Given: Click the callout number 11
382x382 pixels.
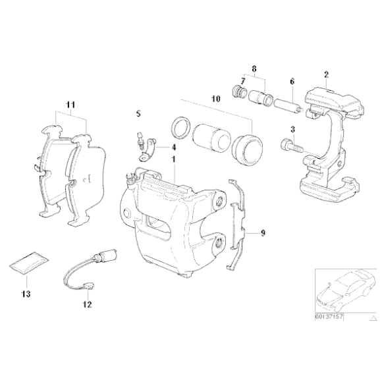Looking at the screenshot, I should pyautogui.click(x=71, y=104).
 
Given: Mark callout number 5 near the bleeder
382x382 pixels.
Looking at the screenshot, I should pyautogui.click(x=138, y=114).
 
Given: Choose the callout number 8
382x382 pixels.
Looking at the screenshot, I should pyautogui.click(x=254, y=67).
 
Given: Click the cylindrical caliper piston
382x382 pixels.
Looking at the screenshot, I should pyautogui.click(x=209, y=136).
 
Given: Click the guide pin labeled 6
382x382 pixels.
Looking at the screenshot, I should pyautogui.click(x=286, y=104).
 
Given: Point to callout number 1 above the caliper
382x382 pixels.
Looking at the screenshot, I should pyautogui.click(x=173, y=160).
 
